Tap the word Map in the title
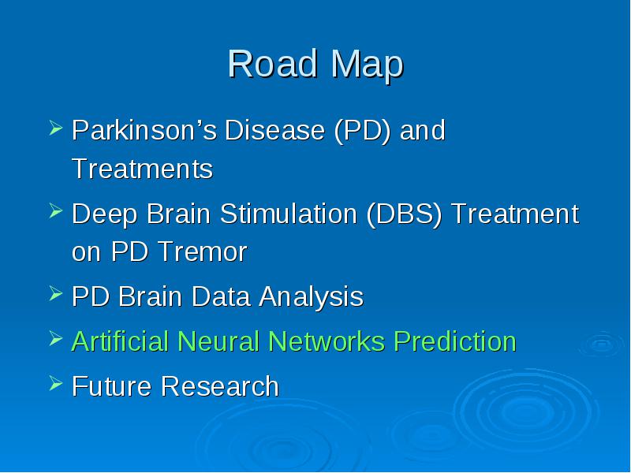(367, 66)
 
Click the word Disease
(274, 130)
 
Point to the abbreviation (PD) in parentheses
(362, 131)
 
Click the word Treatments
(143, 169)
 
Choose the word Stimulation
(289, 213)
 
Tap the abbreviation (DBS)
(404, 214)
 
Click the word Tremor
(202, 251)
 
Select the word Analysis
(311, 298)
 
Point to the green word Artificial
(120, 341)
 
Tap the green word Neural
(218, 341)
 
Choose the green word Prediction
(455, 341)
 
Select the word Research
(220, 386)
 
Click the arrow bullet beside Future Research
(56, 382)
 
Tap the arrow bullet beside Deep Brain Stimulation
(56, 210)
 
